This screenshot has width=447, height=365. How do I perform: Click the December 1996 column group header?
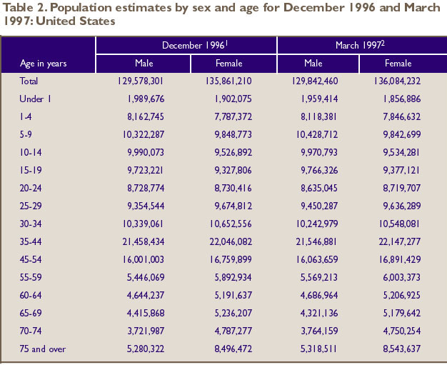[x=187, y=45]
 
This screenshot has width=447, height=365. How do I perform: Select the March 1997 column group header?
[x=361, y=45]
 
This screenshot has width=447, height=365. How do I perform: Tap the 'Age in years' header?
[x=44, y=64]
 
